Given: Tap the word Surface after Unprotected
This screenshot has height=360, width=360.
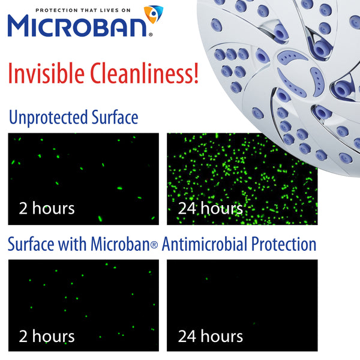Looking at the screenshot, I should [x=117, y=118].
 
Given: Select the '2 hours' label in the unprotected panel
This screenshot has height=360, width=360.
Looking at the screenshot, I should [x=47, y=208].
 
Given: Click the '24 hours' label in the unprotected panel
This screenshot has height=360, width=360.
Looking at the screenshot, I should [x=211, y=208].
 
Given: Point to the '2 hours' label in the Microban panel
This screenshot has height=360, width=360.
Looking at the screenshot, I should [x=47, y=335].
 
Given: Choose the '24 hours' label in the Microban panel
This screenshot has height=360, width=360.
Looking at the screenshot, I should [x=211, y=335].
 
